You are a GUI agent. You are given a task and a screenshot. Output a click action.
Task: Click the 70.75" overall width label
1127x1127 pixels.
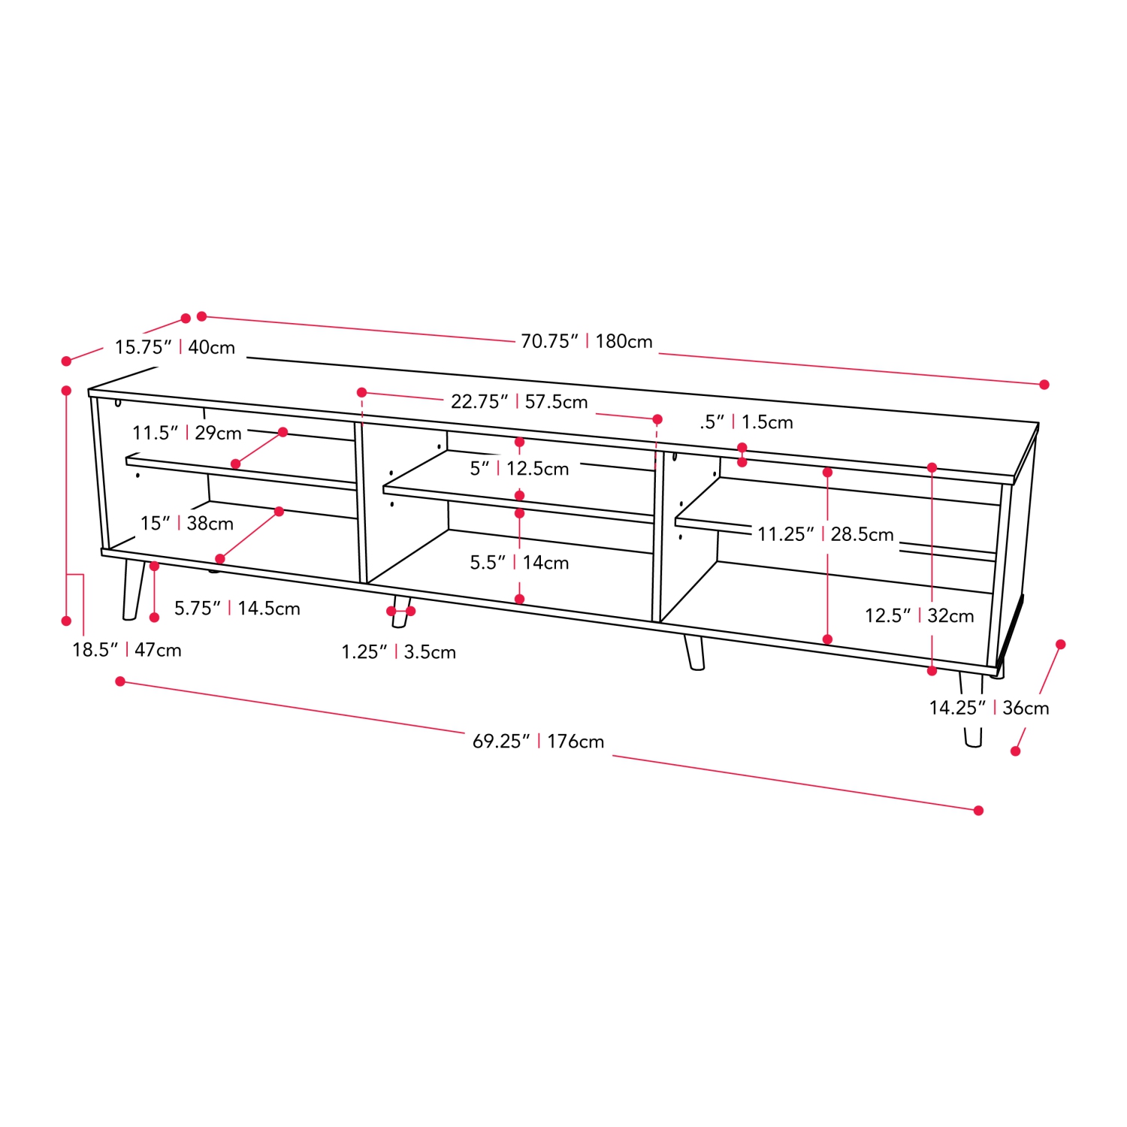coord(587,342)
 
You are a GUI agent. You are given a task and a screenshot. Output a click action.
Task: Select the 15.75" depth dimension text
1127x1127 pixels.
coord(174,348)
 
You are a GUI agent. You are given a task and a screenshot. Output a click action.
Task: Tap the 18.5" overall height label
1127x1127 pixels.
coord(127,650)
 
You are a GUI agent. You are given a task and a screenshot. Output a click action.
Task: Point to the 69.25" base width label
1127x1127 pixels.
coord(538,742)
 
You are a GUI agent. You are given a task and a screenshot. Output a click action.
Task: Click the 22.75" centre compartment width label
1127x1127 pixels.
coord(519,402)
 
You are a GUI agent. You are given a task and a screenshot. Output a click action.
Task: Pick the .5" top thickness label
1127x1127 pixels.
coord(746,422)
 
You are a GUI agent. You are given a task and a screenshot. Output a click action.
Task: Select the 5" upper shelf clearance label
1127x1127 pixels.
coord(519,469)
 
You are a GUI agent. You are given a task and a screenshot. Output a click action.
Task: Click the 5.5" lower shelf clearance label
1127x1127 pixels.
coord(519,563)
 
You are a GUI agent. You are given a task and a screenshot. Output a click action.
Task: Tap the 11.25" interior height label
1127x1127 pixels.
coord(825,534)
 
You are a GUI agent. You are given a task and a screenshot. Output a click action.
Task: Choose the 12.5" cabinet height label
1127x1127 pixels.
coord(919,616)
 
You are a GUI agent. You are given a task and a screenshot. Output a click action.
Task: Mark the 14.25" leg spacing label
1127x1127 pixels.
coord(989,708)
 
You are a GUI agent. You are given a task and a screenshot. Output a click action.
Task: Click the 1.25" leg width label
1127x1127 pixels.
coord(398,652)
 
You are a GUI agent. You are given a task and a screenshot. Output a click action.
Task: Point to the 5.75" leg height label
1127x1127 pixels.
coord(237,609)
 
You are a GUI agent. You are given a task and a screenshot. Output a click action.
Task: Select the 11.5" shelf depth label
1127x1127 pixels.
coord(187,434)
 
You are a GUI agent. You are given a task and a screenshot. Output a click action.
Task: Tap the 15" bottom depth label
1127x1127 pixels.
coord(186,524)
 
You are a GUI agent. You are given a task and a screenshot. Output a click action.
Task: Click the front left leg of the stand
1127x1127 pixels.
coord(133,589)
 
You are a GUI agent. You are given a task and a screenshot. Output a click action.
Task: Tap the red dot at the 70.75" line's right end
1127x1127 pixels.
coord(1044,385)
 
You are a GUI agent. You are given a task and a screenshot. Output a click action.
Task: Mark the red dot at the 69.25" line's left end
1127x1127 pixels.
coord(120,681)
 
